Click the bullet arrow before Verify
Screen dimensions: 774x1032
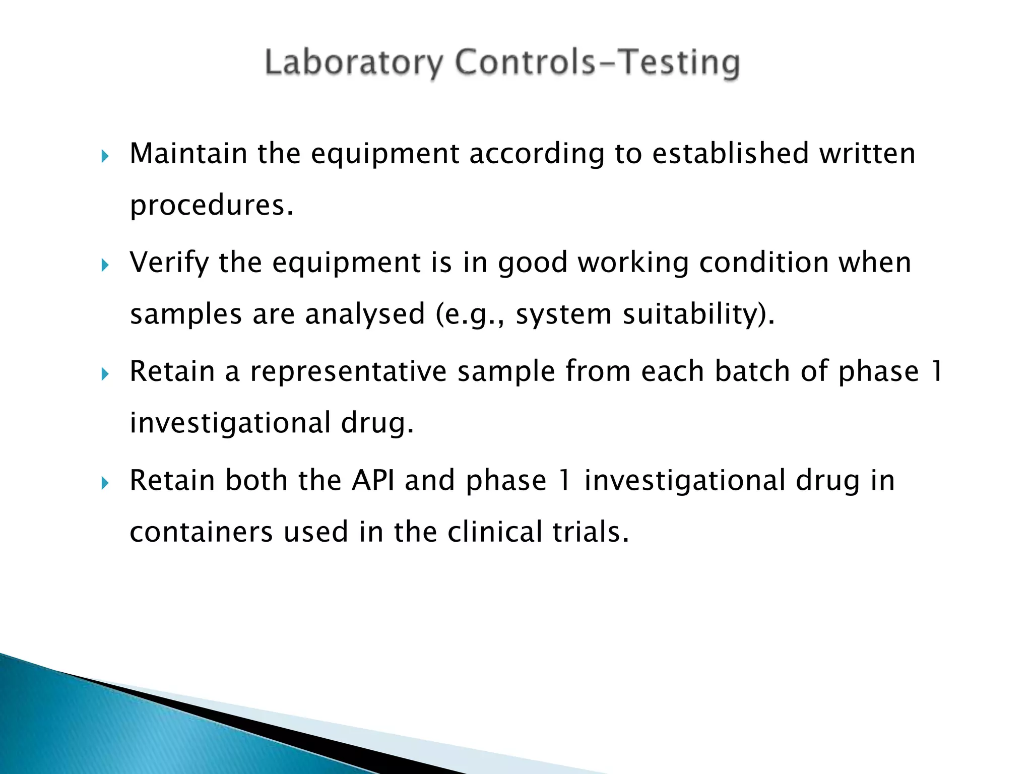pos(105,265)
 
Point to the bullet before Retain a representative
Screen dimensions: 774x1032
pos(105,374)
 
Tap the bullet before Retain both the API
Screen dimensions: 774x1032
pos(105,483)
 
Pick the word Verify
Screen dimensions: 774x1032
pos(169,263)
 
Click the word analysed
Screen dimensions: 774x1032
pos(365,314)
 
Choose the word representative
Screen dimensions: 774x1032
pos(348,372)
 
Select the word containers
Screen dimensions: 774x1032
pos(201,532)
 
